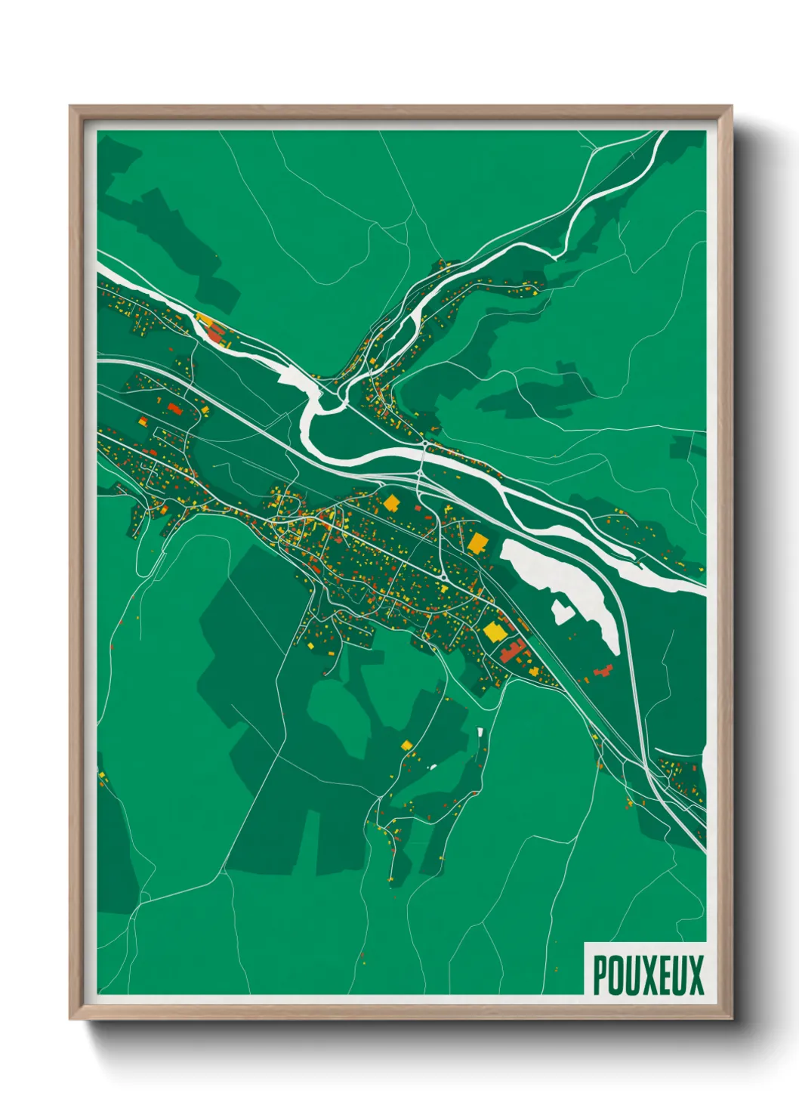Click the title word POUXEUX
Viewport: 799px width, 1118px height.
tap(648, 975)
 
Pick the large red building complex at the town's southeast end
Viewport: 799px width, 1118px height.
tap(514, 650)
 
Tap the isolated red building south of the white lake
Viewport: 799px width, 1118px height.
tap(603, 671)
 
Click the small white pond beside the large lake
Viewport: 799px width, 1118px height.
tap(562, 611)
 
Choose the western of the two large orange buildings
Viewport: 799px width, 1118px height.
tap(391, 502)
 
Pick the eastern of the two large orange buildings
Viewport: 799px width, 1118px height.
tap(477, 542)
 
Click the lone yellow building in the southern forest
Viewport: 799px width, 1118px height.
tap(407, 746)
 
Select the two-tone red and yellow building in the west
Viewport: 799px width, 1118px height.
tap(174, 409)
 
